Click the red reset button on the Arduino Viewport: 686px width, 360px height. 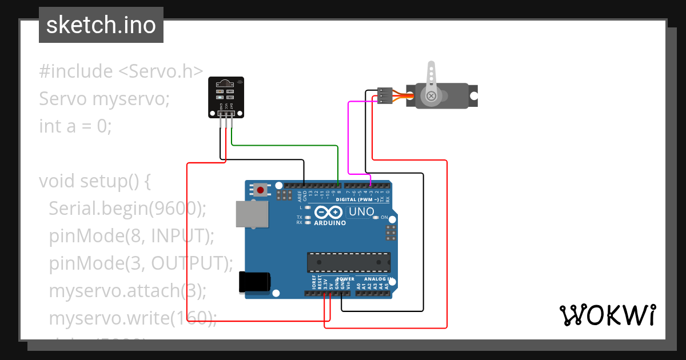(x=261, y=190)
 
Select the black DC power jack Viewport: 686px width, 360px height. (x=253, y=282)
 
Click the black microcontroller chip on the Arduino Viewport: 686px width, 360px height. (x=349, y=262)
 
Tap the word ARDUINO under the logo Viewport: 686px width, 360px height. (x=329, y=223)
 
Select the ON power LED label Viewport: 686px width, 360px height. (x=384, y=218)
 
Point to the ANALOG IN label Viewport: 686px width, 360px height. (x=374, y=279)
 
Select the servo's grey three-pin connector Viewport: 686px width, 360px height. (x=384, y=95)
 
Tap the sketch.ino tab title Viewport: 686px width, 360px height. (x=101, y=25)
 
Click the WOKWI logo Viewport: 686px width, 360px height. (x=608, y=315)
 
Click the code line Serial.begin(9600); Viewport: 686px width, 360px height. (x=127, y=208)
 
